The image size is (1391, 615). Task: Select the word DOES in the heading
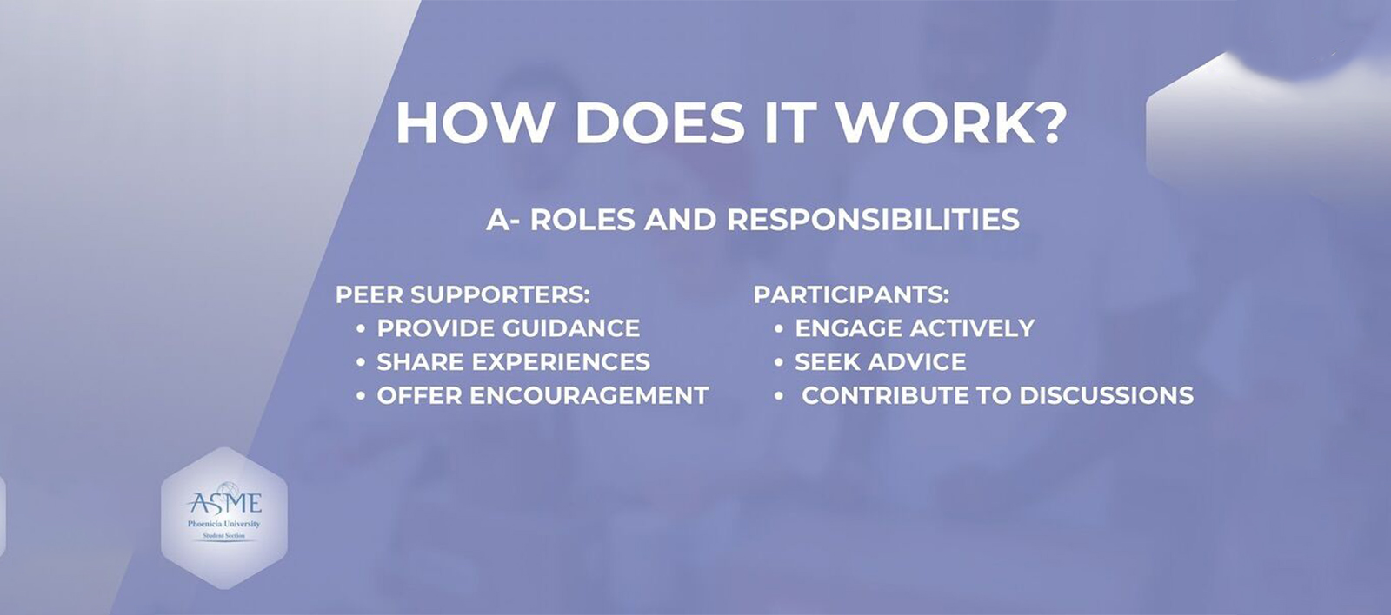[660, 123]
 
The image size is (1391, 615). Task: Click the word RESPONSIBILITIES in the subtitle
[873, 220]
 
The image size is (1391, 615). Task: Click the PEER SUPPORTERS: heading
[463, 294]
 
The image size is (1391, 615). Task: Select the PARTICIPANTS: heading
[851, 294]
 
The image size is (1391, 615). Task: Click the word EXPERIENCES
[566, 362]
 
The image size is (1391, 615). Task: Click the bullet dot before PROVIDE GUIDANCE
[361, 329]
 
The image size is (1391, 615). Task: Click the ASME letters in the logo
[224, 503]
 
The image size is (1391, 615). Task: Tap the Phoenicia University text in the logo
[224, 524]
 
